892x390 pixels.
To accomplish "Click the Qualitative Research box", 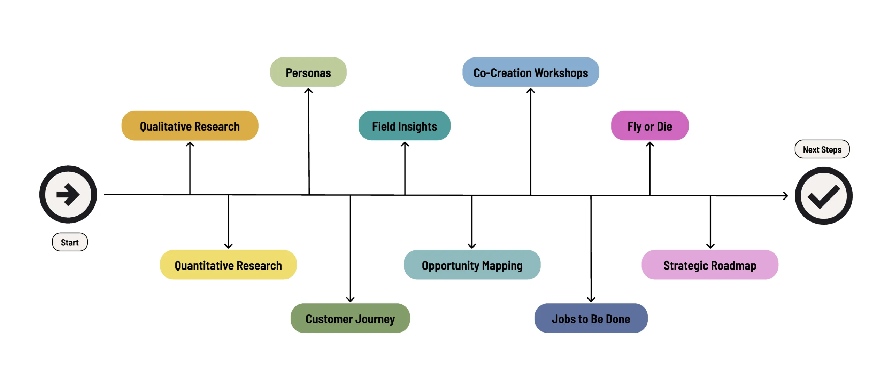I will [190, 126].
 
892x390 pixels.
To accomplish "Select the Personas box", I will [308, 72].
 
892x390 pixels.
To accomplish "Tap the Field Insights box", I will [404, 126].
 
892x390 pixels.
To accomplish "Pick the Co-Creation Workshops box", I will [531, 72].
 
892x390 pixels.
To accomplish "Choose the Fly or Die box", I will [650, 126].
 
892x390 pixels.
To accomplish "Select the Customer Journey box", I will [350, 318].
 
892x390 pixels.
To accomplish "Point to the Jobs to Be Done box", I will [591, 318].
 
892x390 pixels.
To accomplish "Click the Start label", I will [70, 242].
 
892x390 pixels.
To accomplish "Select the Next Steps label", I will [822, 149].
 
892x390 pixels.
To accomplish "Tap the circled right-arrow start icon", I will [68, 194].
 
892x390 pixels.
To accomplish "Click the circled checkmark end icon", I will [824, 196].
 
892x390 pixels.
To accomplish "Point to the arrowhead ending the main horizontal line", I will [785, 196].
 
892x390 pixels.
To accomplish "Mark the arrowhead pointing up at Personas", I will [308, 91].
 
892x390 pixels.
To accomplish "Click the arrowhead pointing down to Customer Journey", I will [350, 299].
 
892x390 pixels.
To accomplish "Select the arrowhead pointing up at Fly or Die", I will [650, 144].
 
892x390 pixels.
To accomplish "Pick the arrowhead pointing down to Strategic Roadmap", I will [710, 245].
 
